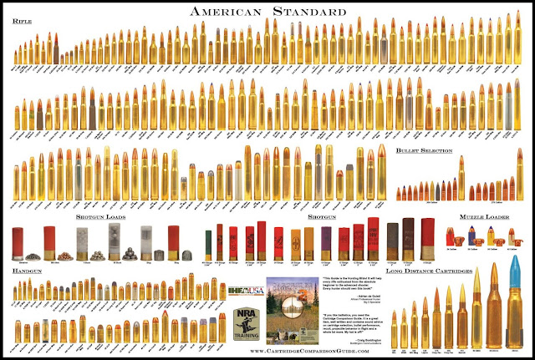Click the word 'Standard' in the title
308,13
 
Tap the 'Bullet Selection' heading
425,151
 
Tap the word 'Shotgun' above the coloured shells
321,215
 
